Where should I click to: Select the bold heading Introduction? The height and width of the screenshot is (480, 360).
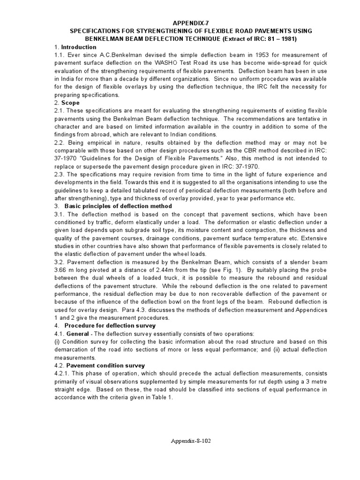[x=79, y=47]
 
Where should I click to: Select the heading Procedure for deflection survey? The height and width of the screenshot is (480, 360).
[x=110, y=325]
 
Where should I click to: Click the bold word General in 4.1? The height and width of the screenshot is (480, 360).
[x=77, y=333]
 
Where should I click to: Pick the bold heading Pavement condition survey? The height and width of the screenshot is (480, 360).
[x=105, y=365]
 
